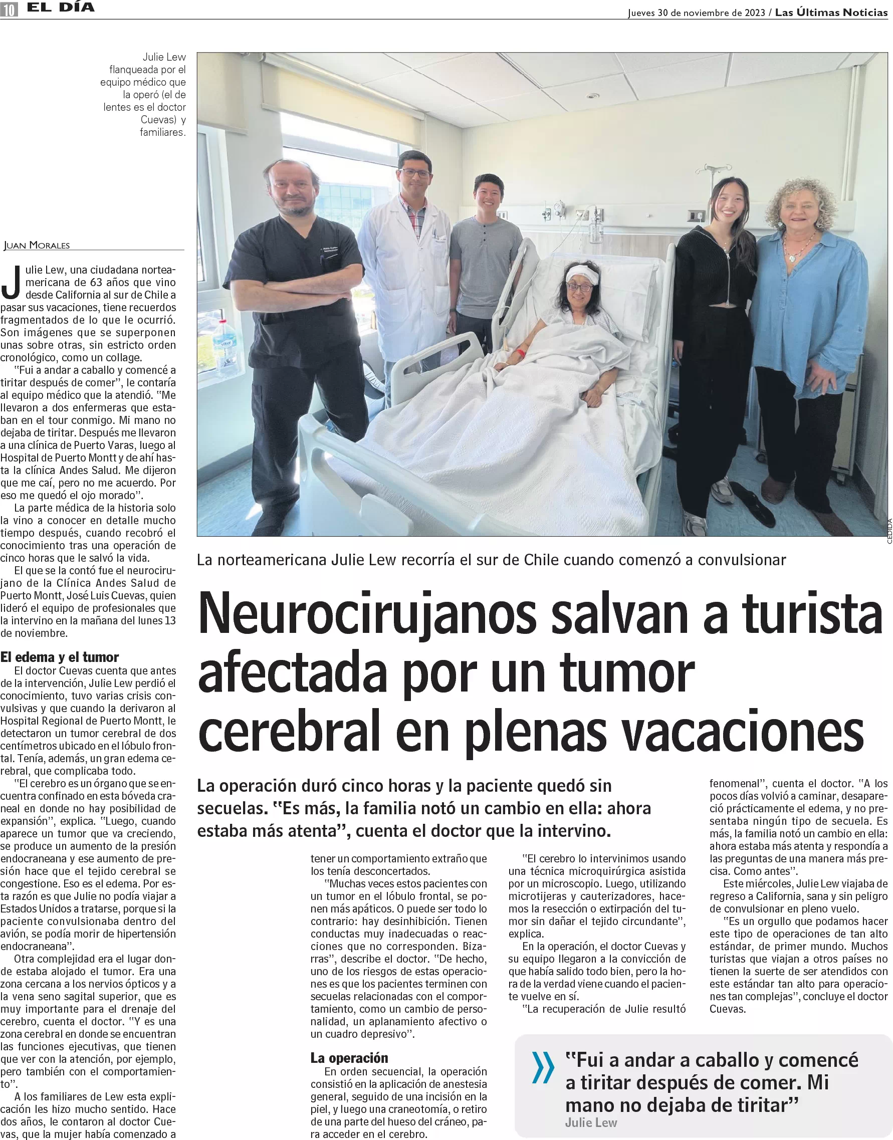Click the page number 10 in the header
(x=9, y=10)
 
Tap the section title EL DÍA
(x=61, y=8)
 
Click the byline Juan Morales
(x=37, y=245)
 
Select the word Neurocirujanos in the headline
(x=367, y=615)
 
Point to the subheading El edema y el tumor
(x=60, y=657)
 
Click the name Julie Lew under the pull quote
(x=591, y=1122)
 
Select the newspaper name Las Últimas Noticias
(x=831, y=13)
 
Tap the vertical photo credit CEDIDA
(x=889, y=531)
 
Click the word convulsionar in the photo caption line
(x=741, y=560)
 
